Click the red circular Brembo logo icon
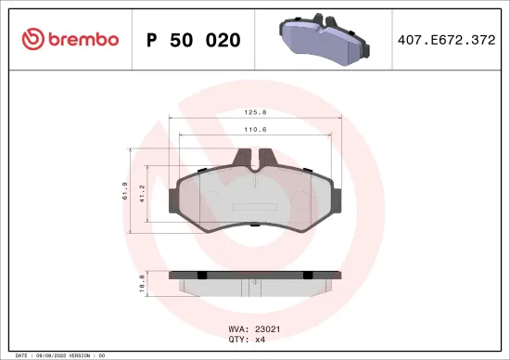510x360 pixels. click(x=32, y=39)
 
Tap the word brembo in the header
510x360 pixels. click(x=83, y=40)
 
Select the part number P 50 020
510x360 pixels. click(x=194, y=40)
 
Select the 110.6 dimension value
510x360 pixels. click(x=252, y=131)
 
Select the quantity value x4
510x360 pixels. click(x=258, y=339)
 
